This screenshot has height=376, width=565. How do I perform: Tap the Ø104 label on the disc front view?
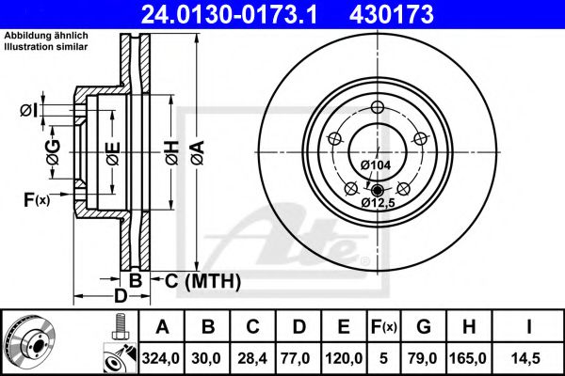(x=376, y=165)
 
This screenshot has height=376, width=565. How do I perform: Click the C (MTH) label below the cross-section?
(x=197, y=281)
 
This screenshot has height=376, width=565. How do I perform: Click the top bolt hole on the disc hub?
(x=376, y=105)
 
